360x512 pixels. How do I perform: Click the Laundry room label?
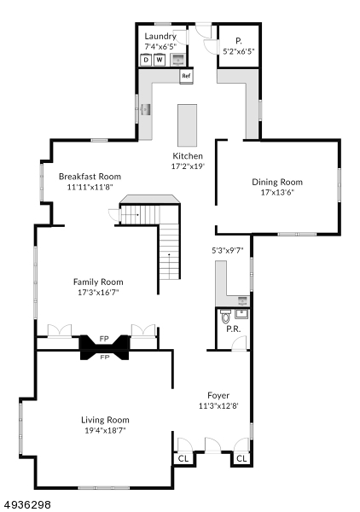click(x=160, y=37)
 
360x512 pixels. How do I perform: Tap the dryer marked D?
click(x=146, y=60)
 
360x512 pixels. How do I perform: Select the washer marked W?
click(x=159, y=60)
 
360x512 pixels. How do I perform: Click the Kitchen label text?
click(x=188, y=156)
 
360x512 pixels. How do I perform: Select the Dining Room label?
click(x=276, y=182)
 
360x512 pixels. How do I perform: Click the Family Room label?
click(x=98, y=282)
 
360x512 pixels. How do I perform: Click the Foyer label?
click(x=218, y=395)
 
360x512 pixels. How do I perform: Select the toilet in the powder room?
click(x=225, y=320)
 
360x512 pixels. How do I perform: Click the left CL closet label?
click(x=183, y=457)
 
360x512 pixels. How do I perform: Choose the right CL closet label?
click(x=241, y=458)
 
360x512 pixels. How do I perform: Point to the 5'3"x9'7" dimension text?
click(x=228, y=250)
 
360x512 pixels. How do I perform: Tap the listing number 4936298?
click(x=27, y=504)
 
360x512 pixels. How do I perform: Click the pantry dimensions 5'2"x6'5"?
click(x=238, y=51)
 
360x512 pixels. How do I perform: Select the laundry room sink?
click(x=179, y=60)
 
